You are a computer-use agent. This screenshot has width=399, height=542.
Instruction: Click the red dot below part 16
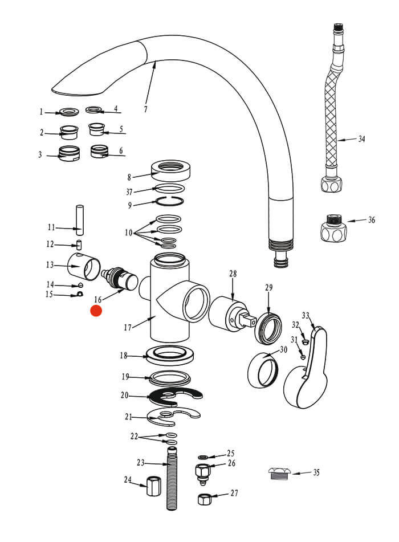pos(96,311)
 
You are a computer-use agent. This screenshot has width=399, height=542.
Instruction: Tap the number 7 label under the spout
pos(145,109)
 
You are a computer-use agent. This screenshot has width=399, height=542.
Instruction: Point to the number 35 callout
pos(316,472)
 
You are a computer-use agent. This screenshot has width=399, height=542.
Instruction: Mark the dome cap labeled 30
pos(262,370)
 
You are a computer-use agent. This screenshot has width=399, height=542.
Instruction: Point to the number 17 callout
pos(128,327)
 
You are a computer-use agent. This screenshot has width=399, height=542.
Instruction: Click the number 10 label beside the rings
pos(128,233)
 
